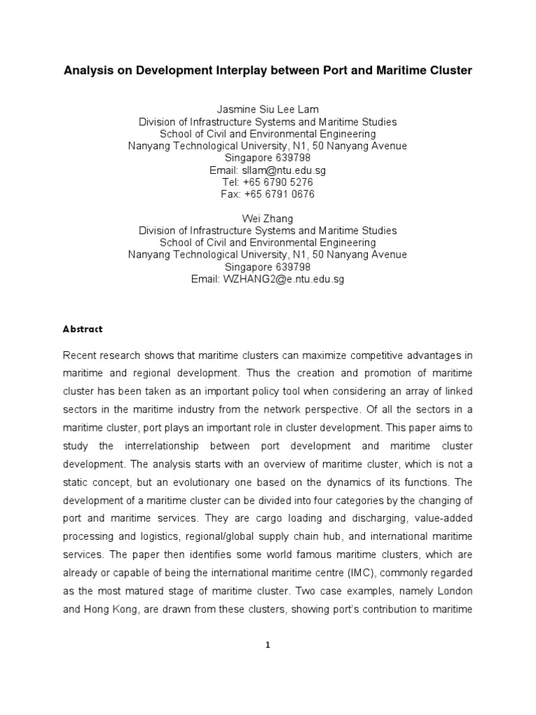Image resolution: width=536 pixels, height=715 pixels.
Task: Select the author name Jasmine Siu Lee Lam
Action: click(x=267, y=110)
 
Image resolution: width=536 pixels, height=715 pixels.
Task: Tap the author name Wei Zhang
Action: click(x=267, y=219)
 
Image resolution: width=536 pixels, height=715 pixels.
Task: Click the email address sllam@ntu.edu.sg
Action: click(x=283, y=170)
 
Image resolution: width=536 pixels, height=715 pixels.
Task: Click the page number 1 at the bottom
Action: click(x=267, y=644)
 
